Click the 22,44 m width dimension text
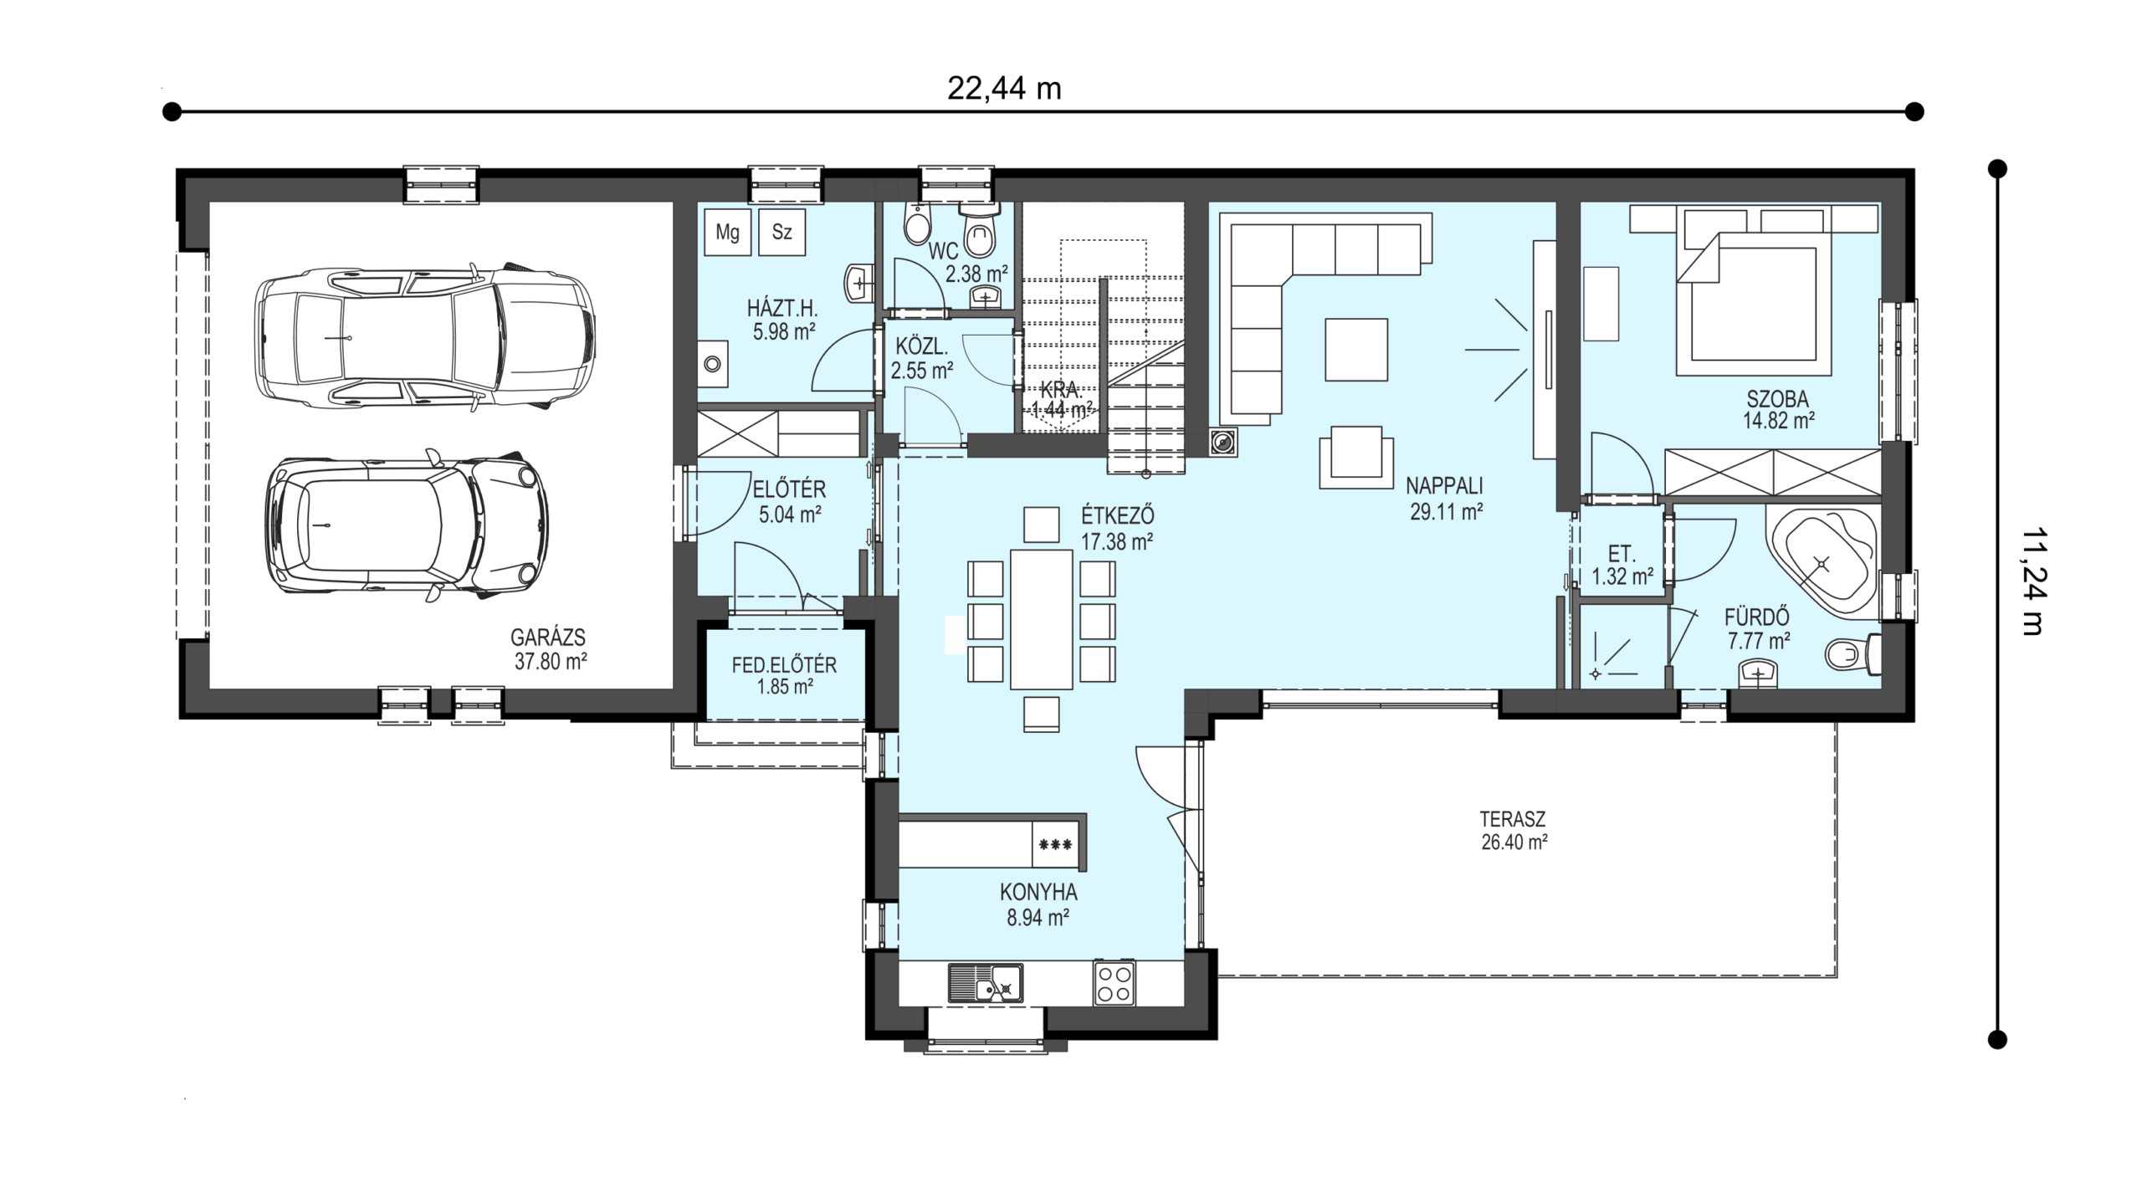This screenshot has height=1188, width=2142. tap(1004, 88)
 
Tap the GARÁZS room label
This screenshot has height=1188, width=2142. tap(549, 638)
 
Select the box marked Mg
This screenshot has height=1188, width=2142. tap(728, 232)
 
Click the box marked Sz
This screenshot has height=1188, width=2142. tap(781, 232)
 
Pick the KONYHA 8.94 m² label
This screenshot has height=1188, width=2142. tap(1038, 904)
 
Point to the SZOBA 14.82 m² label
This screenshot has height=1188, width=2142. tap(1778, 409)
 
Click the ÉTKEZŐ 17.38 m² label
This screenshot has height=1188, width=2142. tap(1117, 526)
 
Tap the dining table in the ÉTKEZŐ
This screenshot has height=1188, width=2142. tap(1041, 619)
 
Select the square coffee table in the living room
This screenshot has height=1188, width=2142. tap(1356, 349)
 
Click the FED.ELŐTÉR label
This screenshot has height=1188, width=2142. tap(784, 665)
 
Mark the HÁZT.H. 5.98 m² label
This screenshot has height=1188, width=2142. tap(783, 320)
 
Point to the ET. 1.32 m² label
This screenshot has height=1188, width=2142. tap(1622, 565)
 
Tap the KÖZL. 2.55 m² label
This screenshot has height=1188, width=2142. tap(922, 358)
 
